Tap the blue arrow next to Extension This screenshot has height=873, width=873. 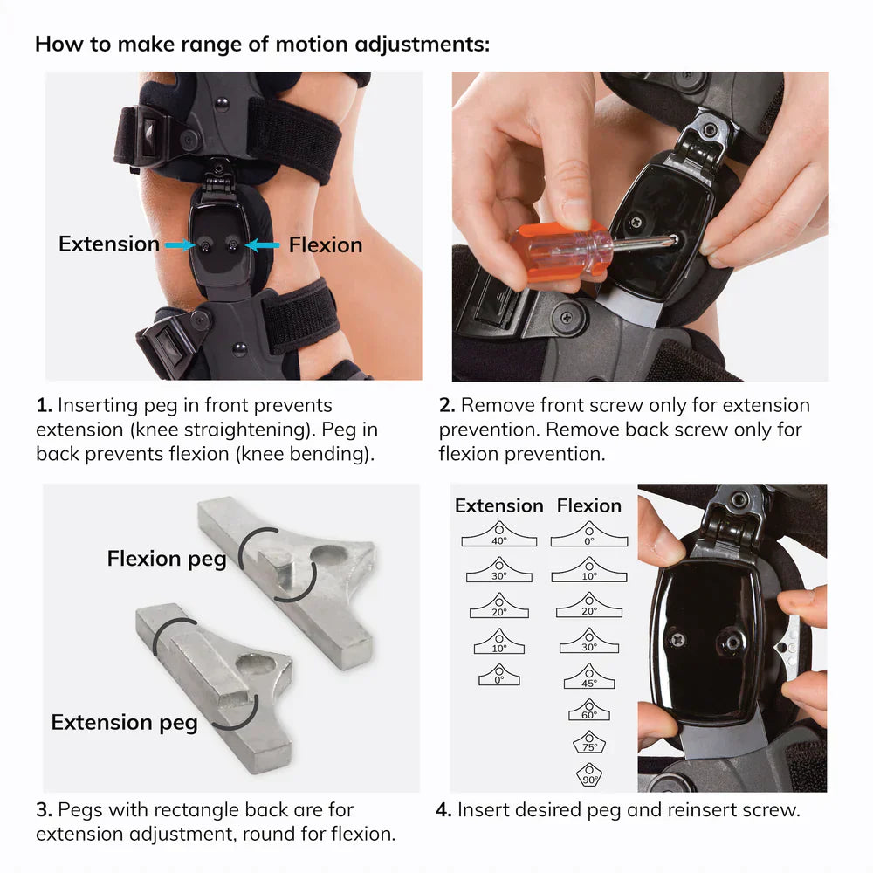[179, 246]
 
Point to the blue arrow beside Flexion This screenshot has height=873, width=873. [262, 246]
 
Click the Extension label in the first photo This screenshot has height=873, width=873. [109, 244]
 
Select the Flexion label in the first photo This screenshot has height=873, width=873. [325, 245]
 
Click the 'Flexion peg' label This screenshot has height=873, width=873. [166, 559]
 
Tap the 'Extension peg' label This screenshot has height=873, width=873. [124, 722]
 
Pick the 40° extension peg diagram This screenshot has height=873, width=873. [498, 534]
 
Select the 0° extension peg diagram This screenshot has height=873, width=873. [498, 675]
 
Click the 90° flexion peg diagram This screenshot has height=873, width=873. [589, 774]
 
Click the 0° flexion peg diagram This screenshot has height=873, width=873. [589, 534]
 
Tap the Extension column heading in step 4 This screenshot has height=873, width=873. [498, 505]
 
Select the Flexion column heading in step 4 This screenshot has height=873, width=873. [589, 505]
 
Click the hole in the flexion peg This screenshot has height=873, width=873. [329, 555]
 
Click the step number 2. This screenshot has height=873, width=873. [447, 406]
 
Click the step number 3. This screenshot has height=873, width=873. [44, 810]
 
